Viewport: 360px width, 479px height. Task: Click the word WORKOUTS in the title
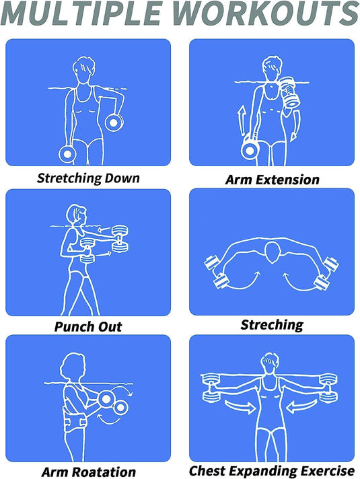click(x=266, y=13)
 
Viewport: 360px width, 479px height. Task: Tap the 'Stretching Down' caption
click(x=88, y=178)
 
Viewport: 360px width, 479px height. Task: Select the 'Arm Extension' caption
click(x=273, y=180)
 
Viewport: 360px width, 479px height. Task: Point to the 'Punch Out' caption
click(x=88, y=327)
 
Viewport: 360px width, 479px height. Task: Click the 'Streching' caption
click(x=272, y=325)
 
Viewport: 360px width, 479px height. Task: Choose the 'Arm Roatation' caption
click(x=89, y=472)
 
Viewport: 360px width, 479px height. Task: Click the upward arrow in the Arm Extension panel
click(x=242, y=120)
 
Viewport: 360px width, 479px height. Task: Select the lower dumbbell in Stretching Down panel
click(x=67, y=154)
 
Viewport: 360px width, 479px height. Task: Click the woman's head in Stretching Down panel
click(x=83, y=70)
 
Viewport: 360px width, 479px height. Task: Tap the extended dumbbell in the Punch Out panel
click(x=120, y=239)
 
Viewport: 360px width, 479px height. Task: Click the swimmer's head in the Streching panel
click(x=273, y=252)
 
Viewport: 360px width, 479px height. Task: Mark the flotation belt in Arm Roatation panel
click(x=74, y=419)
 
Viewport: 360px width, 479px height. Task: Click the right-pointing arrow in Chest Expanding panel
click(x=240, y=406)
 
